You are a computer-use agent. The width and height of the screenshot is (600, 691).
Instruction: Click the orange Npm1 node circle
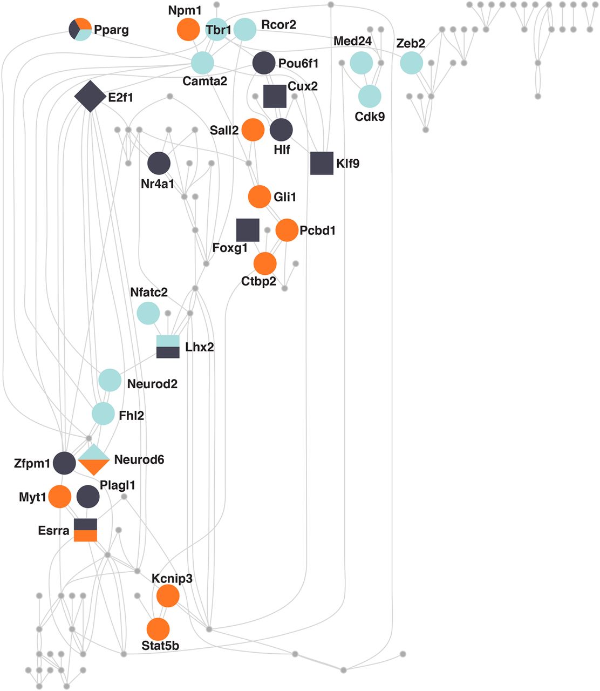[x=188, y=29]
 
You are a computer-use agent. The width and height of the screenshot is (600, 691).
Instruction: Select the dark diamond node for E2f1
[x=90, y=96]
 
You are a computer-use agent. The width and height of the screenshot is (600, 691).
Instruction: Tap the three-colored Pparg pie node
[x=80, y=29]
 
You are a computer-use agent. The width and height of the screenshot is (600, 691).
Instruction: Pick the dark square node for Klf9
[x=322, y=163]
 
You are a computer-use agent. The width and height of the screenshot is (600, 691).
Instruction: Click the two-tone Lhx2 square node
[x=168, y=347]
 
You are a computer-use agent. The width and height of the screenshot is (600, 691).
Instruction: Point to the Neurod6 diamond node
[x=93, y=459]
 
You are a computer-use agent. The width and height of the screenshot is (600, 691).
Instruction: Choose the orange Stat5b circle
[x=158, y=629]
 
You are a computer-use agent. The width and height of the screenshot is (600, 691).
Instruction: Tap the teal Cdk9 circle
[x=370, y=96]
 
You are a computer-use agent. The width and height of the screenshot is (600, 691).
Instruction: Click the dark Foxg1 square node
[x=248, y=230]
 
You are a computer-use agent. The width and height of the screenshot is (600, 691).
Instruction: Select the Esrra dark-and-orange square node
[x=85, y=530]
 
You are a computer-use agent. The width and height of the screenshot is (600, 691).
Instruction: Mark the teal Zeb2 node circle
[x=411, y=63]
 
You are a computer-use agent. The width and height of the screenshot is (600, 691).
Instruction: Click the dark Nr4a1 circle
[x=159, y=163]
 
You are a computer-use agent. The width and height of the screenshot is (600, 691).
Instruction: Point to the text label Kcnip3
[x=172, y=579]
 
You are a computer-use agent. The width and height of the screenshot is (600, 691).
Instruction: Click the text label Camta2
[x=204, y=81]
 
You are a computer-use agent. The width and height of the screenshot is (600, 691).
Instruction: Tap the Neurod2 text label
[x=152, y=384]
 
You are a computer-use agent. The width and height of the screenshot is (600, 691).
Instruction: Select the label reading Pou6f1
[x=298, y=63]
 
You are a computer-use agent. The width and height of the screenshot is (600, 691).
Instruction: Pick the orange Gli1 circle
[x=259, y=197]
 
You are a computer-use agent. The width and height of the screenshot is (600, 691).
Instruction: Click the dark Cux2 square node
[x=275, y=96]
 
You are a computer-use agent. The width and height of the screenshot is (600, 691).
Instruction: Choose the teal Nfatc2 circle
[x=148, y=313]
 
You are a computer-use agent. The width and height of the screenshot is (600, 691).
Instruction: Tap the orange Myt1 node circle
[x=60, y=497]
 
